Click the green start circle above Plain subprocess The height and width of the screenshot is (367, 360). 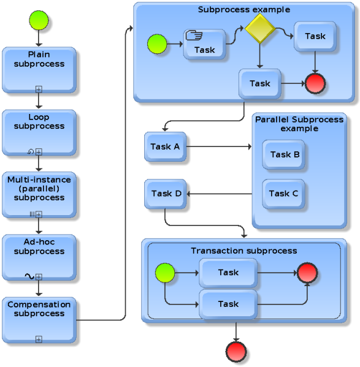[38, 20]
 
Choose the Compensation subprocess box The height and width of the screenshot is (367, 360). [39, 320]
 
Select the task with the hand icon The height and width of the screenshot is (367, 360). [204, 45]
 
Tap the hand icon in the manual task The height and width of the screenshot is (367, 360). [194, 36]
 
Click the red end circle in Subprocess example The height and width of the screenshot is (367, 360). [315, 83]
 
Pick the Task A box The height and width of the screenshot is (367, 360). [165, 146]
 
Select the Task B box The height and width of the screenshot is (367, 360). [285, 154]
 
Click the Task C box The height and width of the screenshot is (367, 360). [283, 194]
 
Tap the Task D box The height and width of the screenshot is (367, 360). [166, 194]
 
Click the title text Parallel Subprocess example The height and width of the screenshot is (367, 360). [299, 124]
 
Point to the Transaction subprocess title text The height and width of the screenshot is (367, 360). [243, 251]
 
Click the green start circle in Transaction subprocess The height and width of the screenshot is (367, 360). [165, 273]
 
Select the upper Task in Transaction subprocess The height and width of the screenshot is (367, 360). [228, 273]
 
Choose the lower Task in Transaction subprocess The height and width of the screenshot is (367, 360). [228, 304]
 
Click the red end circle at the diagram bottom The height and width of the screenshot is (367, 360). [236, 352]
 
